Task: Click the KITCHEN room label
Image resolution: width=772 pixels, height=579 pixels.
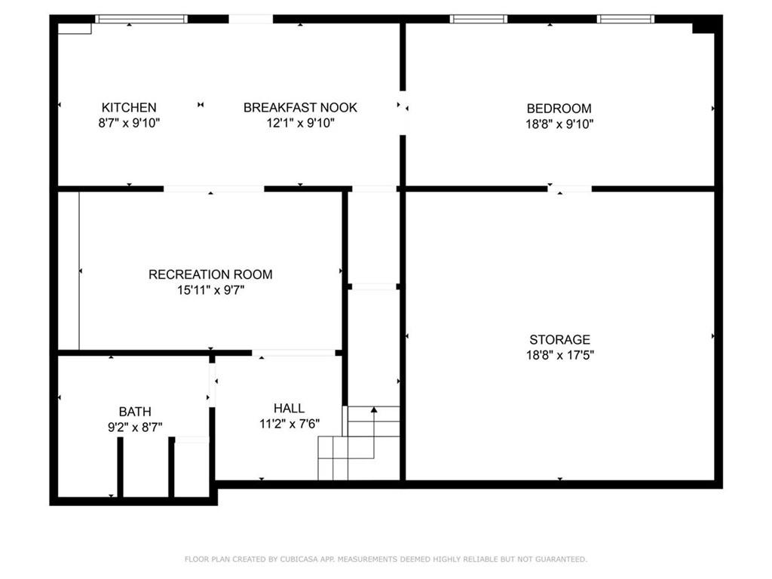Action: pos(129,107)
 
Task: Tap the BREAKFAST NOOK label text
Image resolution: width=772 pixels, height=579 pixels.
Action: pos(300,107)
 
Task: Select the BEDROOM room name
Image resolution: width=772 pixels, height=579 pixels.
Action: pos(559,109)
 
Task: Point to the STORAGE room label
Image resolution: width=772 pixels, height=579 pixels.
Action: pos(560,339)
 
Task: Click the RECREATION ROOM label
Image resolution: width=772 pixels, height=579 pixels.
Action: pos(211,274)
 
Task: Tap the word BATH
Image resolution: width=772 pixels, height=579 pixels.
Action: pos(135,412)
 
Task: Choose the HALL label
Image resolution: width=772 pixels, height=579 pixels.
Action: pos(289,408)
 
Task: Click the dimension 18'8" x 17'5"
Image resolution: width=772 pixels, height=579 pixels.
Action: pos(560,355)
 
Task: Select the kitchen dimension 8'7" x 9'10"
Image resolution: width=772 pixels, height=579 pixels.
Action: pos(129,123)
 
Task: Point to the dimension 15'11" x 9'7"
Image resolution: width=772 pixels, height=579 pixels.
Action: pos(211,290)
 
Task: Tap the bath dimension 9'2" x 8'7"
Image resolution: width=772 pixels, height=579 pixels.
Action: pos(135,427)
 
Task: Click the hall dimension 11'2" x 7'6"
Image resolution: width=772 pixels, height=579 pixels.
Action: pos(289,424)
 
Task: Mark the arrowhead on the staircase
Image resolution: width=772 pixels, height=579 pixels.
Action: pos(374,409)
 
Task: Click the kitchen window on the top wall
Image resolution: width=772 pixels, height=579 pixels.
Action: pos(141,19)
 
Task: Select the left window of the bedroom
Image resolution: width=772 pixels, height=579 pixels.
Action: pos(479,19)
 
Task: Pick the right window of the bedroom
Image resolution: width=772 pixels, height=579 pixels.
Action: pos(626,19)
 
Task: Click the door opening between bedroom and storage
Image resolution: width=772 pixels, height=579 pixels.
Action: pos(570,188)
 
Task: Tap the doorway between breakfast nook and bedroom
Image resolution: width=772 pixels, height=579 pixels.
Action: pos(403,113)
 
